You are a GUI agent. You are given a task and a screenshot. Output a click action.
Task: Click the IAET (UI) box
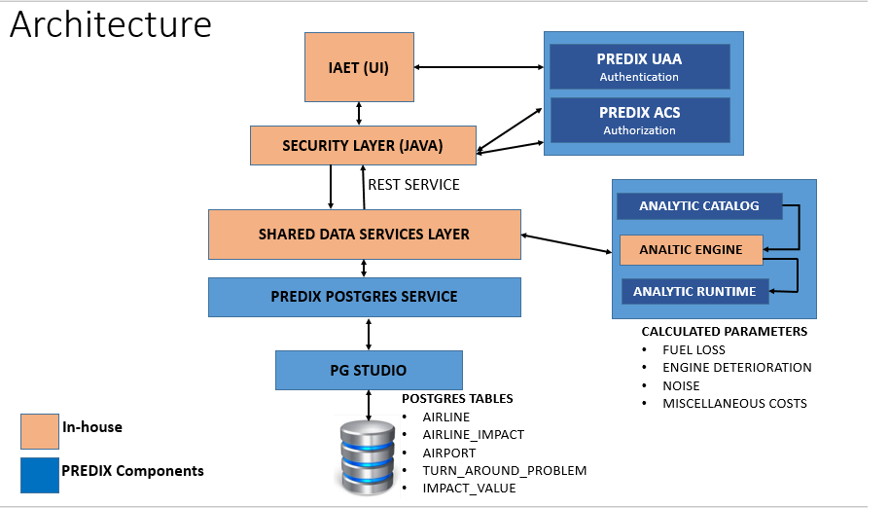(360, 67)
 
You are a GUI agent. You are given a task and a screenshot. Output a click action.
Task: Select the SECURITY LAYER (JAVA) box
(363, 145)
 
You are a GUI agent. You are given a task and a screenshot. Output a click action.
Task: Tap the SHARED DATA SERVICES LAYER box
(364, 235)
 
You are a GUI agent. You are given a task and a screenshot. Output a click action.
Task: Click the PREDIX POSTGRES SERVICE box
(364, 297)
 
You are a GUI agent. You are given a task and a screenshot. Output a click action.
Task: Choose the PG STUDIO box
(369, 370)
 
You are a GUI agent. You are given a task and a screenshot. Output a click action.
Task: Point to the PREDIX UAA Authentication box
(638, 67)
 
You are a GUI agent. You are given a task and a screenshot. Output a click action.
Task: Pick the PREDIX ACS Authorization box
(638, 120)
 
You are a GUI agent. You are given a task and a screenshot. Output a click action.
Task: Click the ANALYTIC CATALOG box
(699, 206)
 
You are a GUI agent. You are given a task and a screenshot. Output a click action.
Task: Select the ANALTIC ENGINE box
(691, 250)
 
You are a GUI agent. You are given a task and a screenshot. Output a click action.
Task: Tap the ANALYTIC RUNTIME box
(695, 291)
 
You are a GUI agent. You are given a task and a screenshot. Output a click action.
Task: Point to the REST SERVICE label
(413, 184)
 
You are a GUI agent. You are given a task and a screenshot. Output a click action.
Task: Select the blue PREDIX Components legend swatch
(39, 473)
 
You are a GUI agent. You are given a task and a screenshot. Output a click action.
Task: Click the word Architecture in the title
(111, 24)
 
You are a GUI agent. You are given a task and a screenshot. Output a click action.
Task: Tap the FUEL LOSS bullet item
(693, 349)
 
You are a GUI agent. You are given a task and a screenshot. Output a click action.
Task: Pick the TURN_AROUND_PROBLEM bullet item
(504, 470)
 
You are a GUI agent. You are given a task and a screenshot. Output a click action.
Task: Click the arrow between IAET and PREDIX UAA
(478, 67)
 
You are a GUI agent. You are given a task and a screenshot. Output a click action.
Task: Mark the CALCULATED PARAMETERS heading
(724, 332)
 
